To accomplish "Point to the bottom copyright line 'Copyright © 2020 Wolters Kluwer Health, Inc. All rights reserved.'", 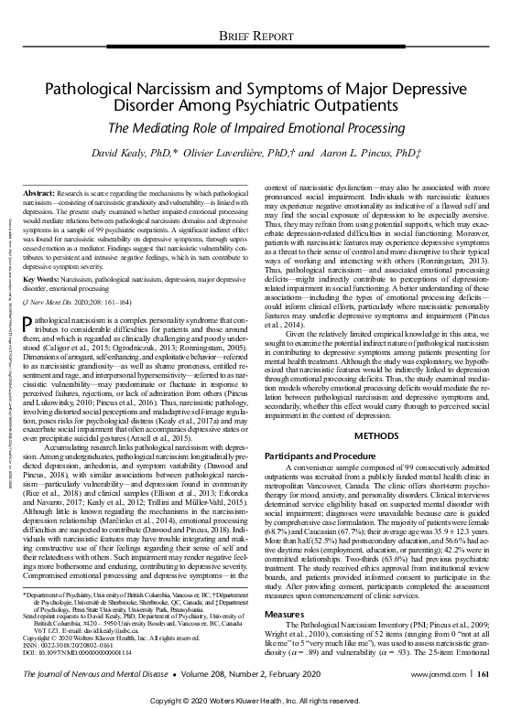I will (x=255, y=700).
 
